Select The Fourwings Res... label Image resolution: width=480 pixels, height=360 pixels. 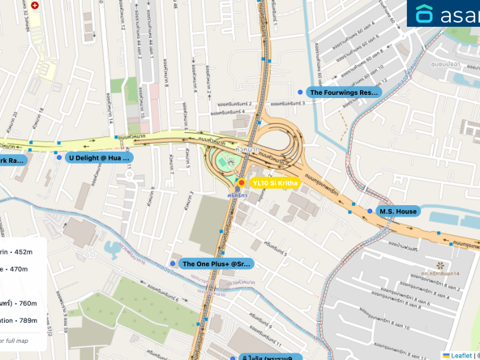coord(345,93)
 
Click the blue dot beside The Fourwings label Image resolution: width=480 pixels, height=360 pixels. coord(301,93)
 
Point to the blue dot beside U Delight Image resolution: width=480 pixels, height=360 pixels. coord(58,157)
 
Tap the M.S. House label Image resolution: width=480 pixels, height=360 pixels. coord(397,212)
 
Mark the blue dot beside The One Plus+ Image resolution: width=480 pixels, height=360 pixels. coord(173,264)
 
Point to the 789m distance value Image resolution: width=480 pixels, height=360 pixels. coord(26,320)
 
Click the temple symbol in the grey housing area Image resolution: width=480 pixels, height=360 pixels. coord(440,265)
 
